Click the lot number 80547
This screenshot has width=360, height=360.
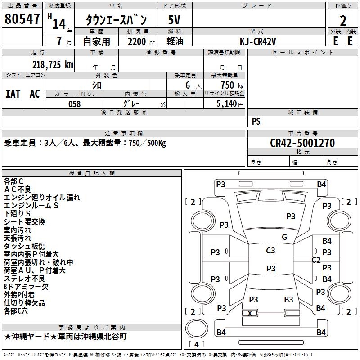coord(22,19)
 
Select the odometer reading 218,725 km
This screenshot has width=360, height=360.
coord(53,65)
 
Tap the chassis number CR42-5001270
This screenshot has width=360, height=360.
coord(302,143)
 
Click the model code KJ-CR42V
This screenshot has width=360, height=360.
coord(258,41)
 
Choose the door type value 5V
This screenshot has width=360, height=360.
coord(175,19)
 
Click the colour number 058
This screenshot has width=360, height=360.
coord(75,103)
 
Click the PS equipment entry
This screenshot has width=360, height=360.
coord(256,121)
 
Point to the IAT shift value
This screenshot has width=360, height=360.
coord(13,94)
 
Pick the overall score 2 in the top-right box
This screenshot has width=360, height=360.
coord(343,20)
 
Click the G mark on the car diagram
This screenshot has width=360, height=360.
coord(284,237)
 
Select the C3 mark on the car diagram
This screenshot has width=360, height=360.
coord(270,251)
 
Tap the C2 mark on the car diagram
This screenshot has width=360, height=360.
coord(316,260)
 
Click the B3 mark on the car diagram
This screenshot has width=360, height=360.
coord(288,299)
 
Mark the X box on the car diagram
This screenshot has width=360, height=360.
coord(250,313)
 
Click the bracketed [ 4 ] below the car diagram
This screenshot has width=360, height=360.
coord(196,344)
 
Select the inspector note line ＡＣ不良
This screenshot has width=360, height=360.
coord(18,189)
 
